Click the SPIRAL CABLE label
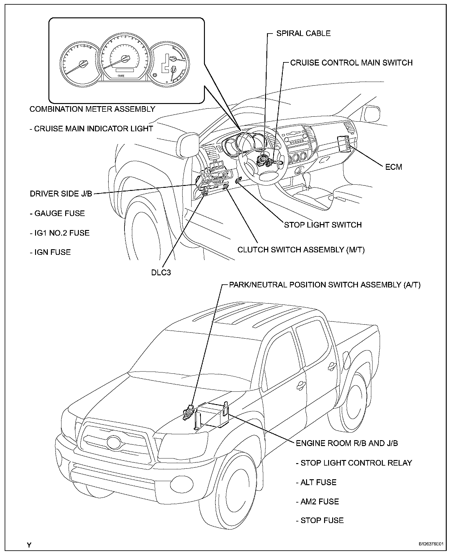pyautogui.click(x=303, y=34)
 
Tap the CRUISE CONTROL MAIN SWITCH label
pyautogui.click(x=351, y=63)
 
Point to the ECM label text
pyautogui.click(x=394, y=167)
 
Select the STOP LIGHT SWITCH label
pyautogui.click(x=323, y=225)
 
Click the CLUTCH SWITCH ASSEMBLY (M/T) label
pyautogui.click(x=301, y=250)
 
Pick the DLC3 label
pyautogui.click(x=161, y=273)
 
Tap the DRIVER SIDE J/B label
pyautogui.click(x=61, y=194)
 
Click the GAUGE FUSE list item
pyautogui.click(x=57, y=213)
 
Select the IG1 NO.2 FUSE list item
pyautogui.click(x=60, y=233)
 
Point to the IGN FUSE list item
pyautogui.click(x=50, y=252)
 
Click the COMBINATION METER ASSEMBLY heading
pyautogui.click(x=92, y=109)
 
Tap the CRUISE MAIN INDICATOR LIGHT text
pyautogui.click(x=91, y=129)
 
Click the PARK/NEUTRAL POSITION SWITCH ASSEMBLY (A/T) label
pyautogui.click(x=324, y=285)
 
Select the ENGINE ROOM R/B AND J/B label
pyautogui.click(x=347, y=443)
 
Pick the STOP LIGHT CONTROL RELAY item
pyautogui.click(x=354, y=463)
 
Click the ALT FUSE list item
pyautogui.click(x=316, y=482)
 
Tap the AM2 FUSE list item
pyautogui.click(x=317, y=501)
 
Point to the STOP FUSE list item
pyautogui.click(x=320, y=520)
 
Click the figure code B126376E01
pyautogui.click(x=430, y=544)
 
